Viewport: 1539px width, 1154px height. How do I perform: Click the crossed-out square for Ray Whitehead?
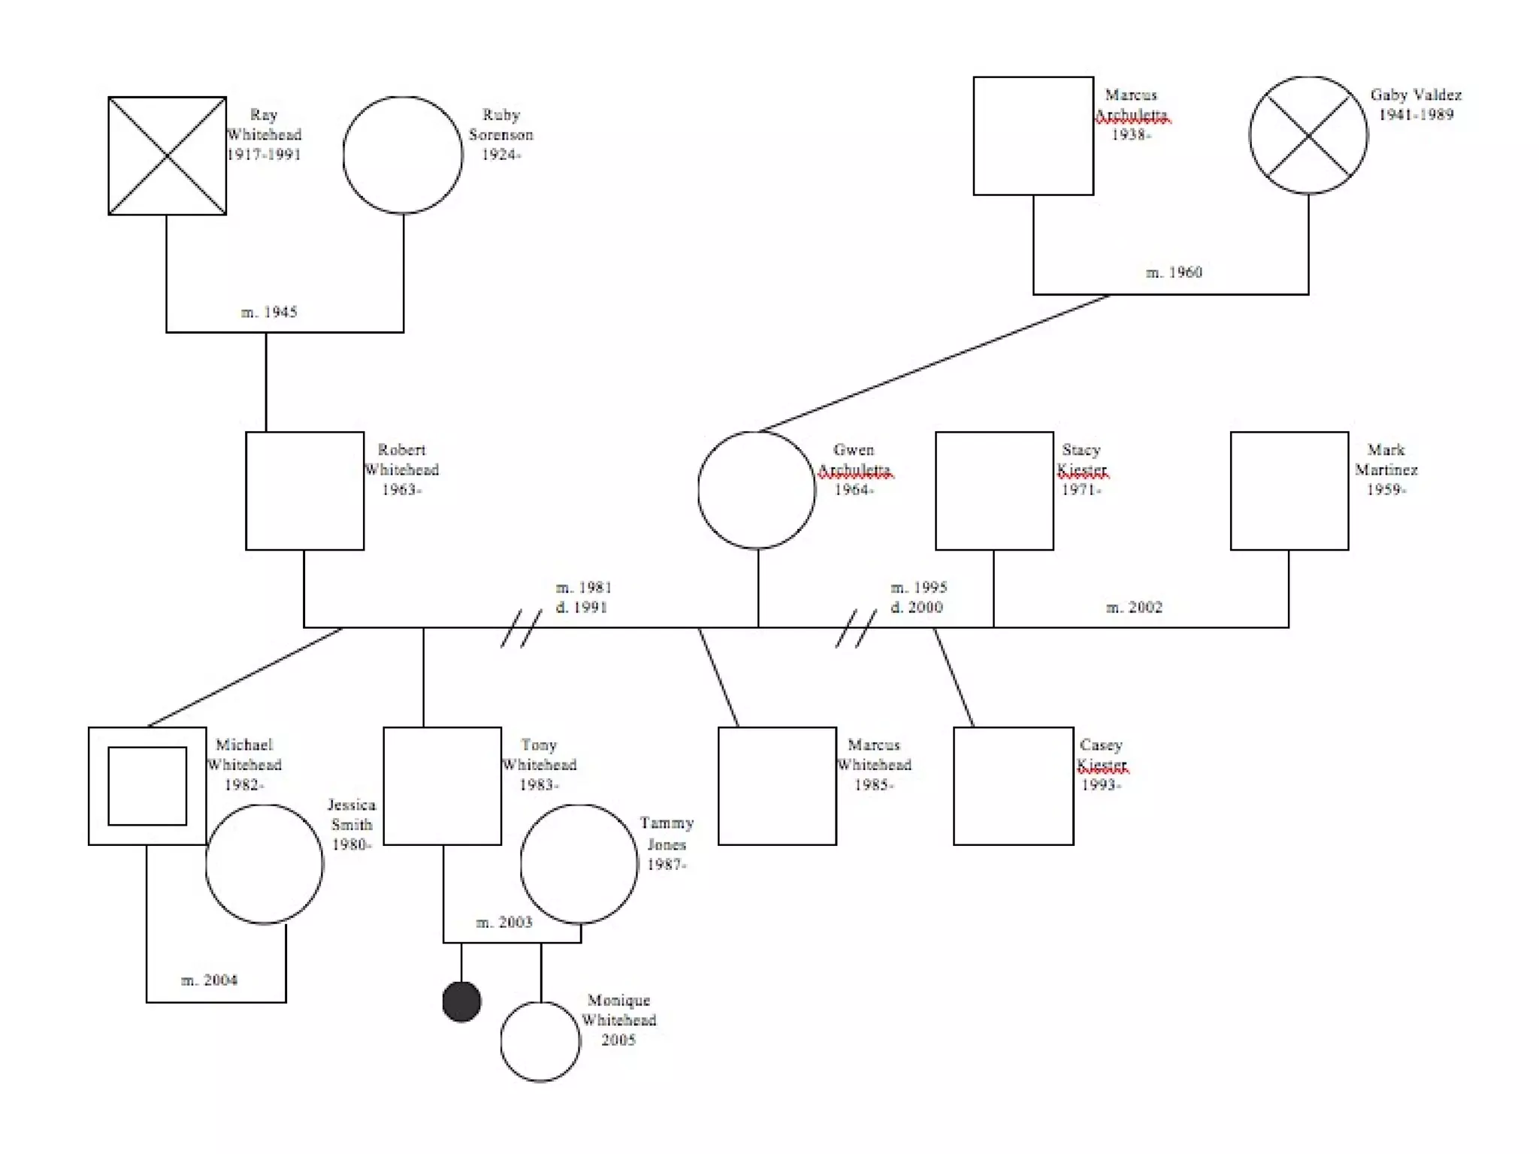(167, 156)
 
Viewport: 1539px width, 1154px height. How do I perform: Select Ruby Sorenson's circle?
(403, 155)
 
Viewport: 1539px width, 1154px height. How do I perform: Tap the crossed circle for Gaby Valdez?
(1308, 135)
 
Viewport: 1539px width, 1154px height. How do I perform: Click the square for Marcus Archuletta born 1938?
(1033, 136)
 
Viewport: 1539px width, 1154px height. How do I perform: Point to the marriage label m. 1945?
(269, 312)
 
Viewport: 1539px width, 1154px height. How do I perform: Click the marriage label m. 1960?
(1174, 272)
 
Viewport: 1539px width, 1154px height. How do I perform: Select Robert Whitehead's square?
(304, 491)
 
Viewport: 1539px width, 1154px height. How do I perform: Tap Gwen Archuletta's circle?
(757, 490)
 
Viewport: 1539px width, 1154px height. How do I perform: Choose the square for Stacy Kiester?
(994, 491)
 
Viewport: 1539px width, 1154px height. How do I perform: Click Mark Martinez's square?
(1290, 491)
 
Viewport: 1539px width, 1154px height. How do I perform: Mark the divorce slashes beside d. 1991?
(522, 628)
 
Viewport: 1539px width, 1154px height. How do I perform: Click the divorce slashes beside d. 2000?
(856, 628)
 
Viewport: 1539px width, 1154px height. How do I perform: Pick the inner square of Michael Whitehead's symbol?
(147, 786)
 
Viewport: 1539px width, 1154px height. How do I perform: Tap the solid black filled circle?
(461, 1001)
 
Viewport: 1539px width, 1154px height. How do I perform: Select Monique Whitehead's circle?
(540, 1041)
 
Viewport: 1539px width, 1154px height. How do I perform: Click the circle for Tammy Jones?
(579, 864)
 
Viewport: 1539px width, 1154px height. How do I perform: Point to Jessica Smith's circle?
(265, 864)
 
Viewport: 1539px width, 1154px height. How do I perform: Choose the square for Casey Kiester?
(1014, 786)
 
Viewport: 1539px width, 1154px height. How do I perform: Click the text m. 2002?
(1134, 607)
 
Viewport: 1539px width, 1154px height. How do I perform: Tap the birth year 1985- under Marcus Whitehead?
(874, 785)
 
